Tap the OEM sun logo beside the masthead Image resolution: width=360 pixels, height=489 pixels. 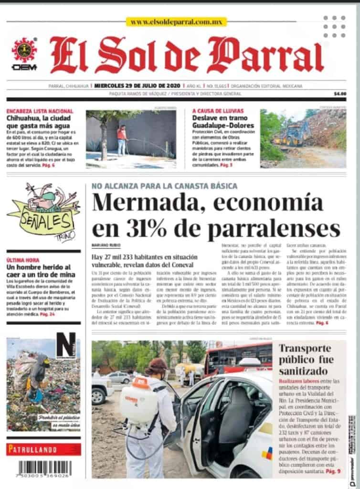[x=23, y=51]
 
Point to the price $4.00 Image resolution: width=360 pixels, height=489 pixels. [x=339, y=94]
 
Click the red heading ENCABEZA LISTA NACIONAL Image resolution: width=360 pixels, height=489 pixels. [x=40, y=111]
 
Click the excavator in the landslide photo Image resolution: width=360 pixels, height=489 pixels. [x=296, y=134]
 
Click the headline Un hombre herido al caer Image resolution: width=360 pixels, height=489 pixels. [x=41, y=271]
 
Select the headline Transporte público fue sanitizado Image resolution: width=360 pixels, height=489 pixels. [x=310, y=359]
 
